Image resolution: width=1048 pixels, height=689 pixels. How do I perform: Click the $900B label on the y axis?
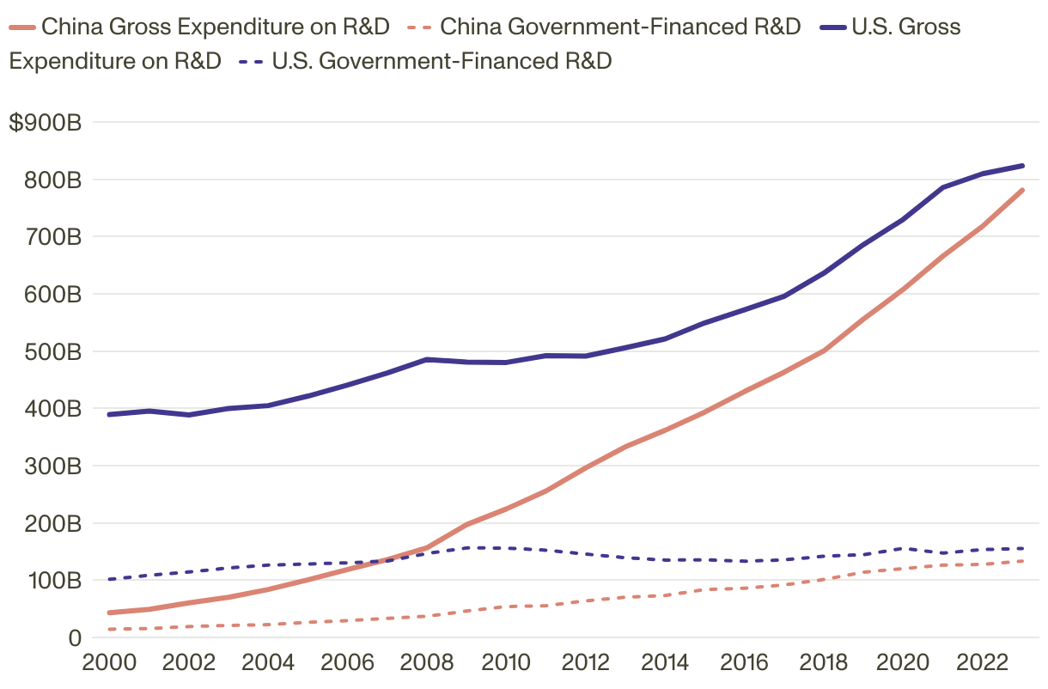click(45, 123)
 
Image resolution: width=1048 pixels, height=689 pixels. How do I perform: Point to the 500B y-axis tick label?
click(52, 351)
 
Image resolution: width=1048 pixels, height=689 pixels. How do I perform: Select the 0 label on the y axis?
click(75, 637)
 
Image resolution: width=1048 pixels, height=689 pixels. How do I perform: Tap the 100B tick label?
click(52, 581)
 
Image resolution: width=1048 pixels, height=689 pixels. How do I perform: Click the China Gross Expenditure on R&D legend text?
click(216, 27)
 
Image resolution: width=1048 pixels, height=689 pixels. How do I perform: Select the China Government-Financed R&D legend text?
click(620, 27)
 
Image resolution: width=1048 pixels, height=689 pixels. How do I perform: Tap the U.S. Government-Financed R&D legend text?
click(442, 61)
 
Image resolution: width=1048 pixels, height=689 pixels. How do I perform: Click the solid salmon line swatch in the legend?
click(22, 27)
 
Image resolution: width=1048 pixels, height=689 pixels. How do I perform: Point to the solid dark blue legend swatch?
click(832, 27)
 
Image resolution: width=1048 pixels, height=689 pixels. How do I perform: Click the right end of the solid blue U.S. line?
click(1022, 166)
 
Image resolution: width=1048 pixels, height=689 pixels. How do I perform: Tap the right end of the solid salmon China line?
click(1022, 190)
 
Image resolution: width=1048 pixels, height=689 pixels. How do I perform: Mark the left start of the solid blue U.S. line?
click(109, 414)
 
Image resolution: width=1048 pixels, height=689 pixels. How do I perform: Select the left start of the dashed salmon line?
click(109, 629)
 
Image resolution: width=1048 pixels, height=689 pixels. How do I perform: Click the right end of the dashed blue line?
click(1022, 548)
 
